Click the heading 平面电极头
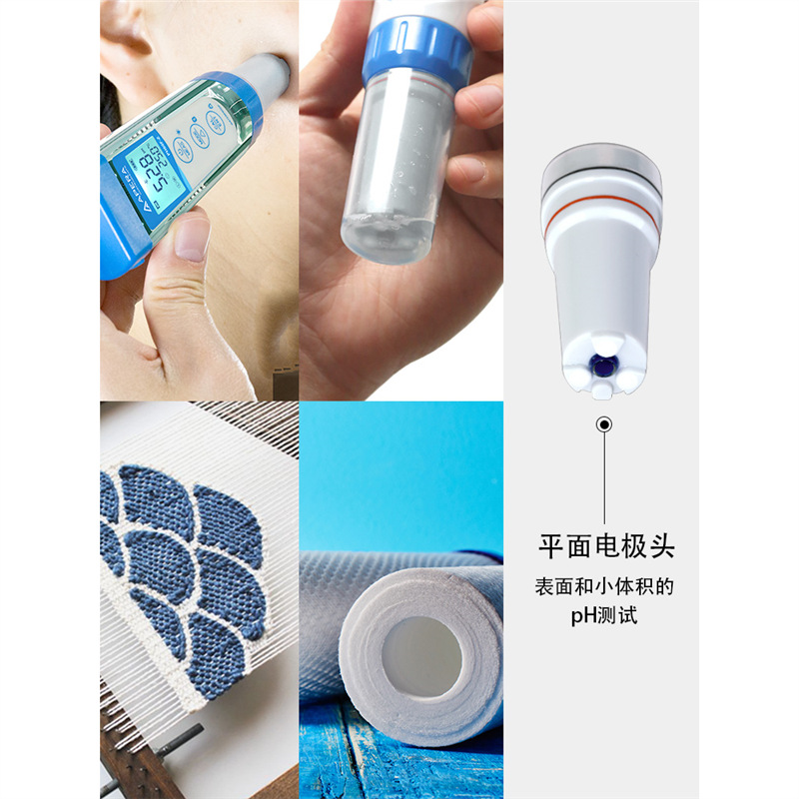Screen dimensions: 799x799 click(x=606, y=546)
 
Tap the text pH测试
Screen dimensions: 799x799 click(x=604, y=615)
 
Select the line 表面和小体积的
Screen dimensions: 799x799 click(x=604, y=586)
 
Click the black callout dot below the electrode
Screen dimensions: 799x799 click(x=604, y=423)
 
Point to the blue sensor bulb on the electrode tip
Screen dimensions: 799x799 click(x=604, y=366)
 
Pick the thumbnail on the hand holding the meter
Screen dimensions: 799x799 click(x=192, y=239)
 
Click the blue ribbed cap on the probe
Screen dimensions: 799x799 click(x=416, y=52)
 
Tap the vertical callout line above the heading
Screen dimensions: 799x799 click(x=604, y=478)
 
